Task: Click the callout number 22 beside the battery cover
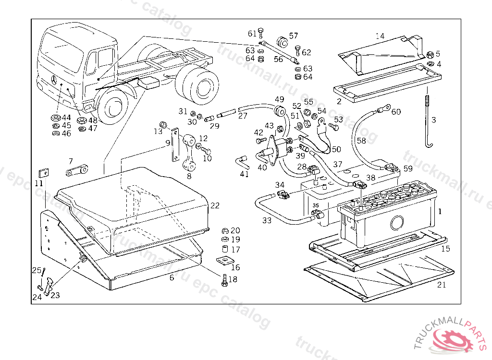pos(215,206)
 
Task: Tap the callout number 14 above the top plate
pos(380,36)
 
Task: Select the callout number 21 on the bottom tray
pos(442,285)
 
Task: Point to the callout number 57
pos(294,36)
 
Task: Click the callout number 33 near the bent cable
pos(267,220)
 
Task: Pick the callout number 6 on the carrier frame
pos(172,278)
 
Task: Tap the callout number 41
pos(245,174)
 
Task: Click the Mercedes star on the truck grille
pos(52,79)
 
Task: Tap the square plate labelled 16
pos(222,261)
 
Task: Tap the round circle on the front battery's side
pos(397,223)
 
